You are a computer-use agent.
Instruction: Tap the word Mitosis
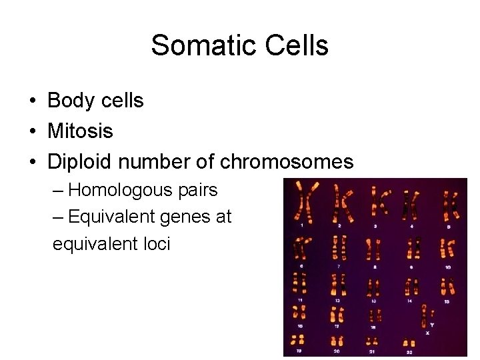pos(80,131)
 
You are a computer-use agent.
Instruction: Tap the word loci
pos(153,243)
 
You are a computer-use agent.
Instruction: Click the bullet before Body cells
pos(32,101)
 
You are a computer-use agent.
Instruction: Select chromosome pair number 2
pos(343,203)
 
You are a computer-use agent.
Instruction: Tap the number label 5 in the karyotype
pos(448,227)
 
